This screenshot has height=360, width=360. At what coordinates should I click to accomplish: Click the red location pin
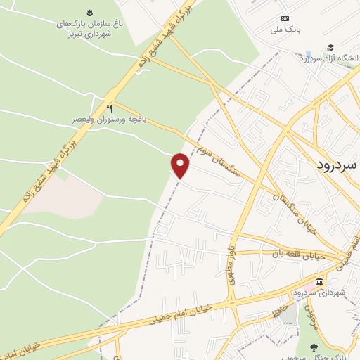click(x=181, y=165)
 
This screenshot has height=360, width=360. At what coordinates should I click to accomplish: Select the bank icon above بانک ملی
click(x=284, y=18)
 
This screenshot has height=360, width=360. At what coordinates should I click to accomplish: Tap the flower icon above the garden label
click(x=90, y=12)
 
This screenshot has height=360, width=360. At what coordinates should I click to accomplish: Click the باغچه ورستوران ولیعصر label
click(x=108, y=120)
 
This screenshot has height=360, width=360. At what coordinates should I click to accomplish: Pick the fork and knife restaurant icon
click(x=108, y=108)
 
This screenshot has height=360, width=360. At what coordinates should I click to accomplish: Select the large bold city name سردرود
click(x=333, y=164)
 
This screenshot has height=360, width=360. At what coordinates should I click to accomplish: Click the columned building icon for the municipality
click(x=320, y=282)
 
